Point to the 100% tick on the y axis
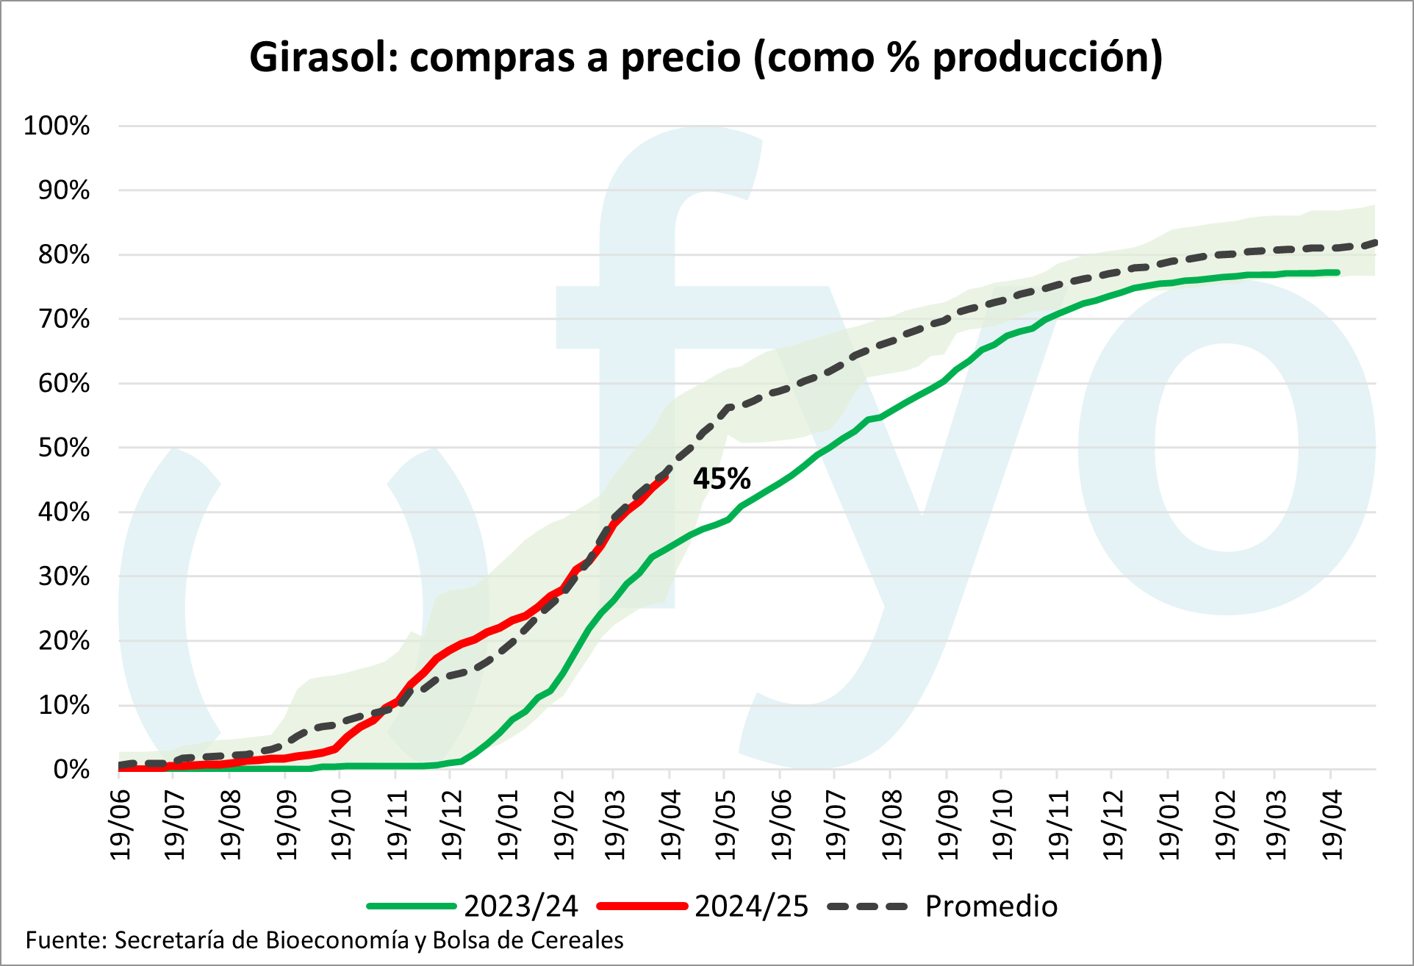[x=57, y=126]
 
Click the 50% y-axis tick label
[x=64, y=448]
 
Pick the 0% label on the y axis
[x=71, y=770]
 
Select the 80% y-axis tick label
[x=64, y=255]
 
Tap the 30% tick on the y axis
[x=64, y=576]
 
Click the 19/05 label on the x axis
[x=725, y=824]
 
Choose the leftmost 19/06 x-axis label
[x=120, y=824]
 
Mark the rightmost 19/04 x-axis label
[x=1332, y=824]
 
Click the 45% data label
[x=722, y=479]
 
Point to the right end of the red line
[x=667, y=476]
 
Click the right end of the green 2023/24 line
[x=1338, y=273]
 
